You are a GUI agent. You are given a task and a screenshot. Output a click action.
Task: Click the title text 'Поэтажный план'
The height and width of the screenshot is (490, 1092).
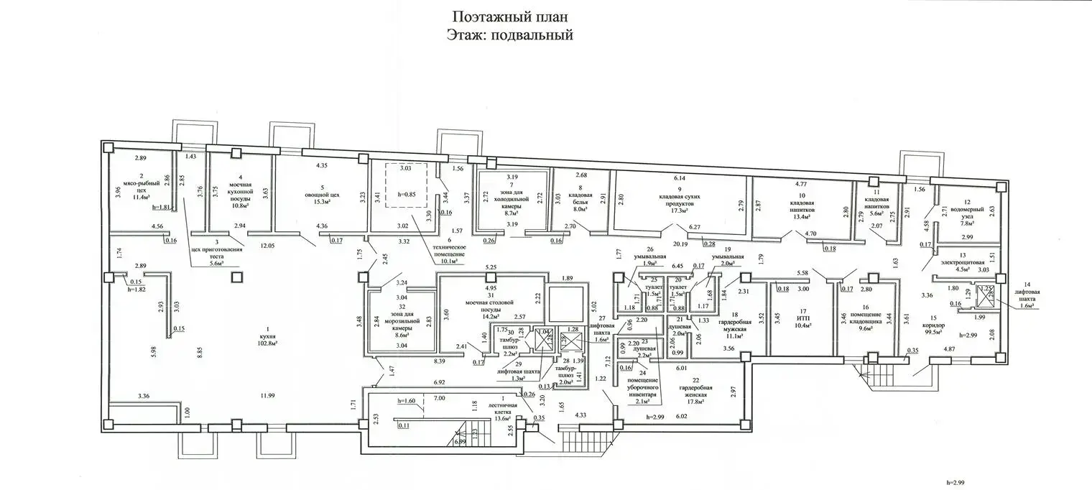512,16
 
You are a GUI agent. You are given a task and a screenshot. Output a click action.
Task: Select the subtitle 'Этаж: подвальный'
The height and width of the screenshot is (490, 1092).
512,34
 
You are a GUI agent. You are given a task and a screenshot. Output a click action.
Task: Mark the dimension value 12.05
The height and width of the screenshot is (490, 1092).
268,245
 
